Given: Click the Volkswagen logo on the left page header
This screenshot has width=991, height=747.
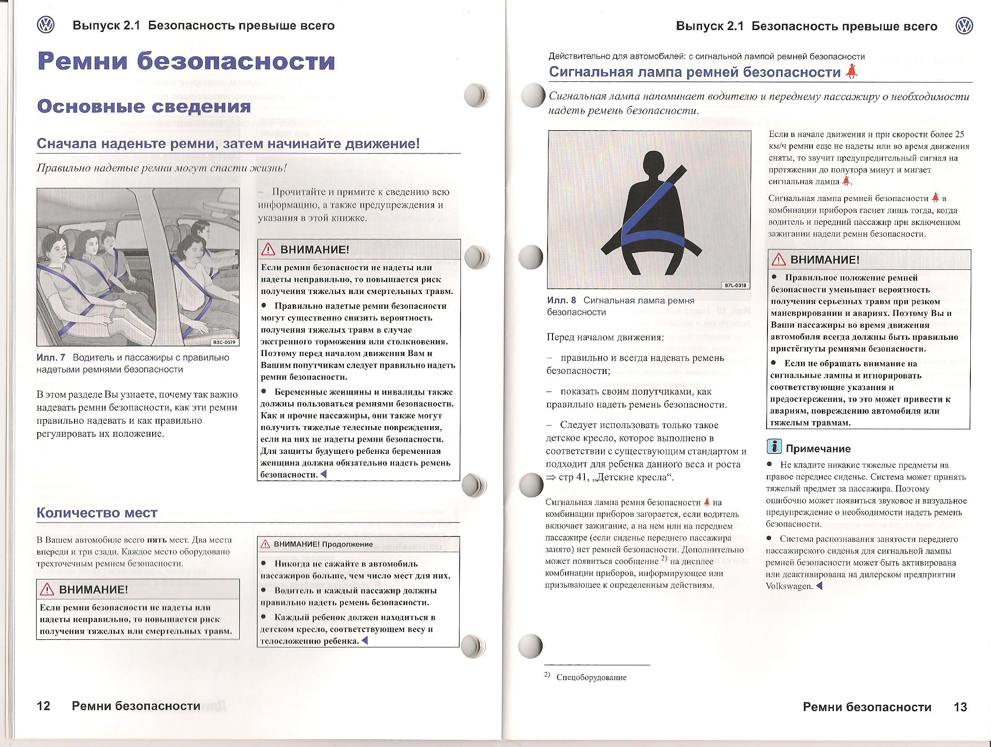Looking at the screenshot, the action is pyautogui.click(x=45, y=25).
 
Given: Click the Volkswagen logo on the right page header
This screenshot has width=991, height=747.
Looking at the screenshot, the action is pyautogui.click(x=964, y=26).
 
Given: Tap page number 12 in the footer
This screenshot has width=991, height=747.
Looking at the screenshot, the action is pyautogui.click(x=44, y=706).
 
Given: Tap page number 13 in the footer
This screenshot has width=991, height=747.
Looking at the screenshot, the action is pyautogui.click(x=960, y=707).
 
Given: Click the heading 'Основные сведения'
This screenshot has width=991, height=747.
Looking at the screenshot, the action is pyautogui.click(x=144, y=106).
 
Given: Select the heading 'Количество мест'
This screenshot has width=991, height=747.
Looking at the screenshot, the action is pyautogui.click(x=96, y=513).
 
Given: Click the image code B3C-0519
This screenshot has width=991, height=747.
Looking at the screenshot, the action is pyautogui.click(x=224, y=342).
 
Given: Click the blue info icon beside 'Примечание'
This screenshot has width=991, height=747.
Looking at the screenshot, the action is pyautogui.click(x=774, y=446).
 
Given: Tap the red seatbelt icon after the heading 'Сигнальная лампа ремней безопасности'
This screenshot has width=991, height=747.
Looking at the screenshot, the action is pyautogui.click(x=851, y=72).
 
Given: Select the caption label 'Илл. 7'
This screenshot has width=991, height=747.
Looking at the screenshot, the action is pyautogui.click(x=51, y=357).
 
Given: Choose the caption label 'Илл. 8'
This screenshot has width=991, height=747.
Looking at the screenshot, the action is pyautogui.click(x=561, y=300).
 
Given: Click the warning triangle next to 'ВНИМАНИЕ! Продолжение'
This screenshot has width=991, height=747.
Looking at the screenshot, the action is pyautogui.click(x=265, y=544).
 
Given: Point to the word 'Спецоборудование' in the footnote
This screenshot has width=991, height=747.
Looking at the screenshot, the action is pyautogui.click(x=591, y=677).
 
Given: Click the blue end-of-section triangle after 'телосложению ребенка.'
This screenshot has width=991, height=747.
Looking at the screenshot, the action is pyautogui.click(x=364, y=641).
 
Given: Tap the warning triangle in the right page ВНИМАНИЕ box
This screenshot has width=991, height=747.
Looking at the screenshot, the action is pyautogui.click(x=778, y=260).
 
